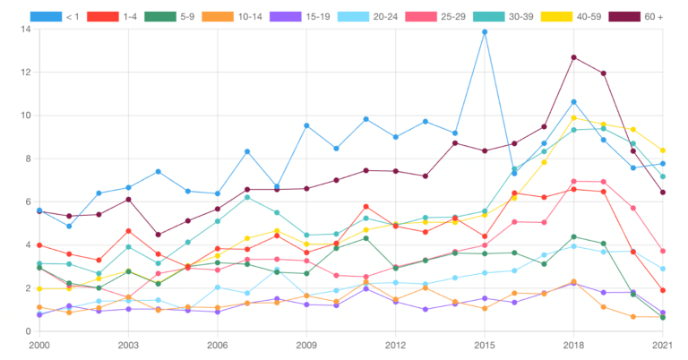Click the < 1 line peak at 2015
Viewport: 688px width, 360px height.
(485, 32)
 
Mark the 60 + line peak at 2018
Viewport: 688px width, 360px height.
(573, 57)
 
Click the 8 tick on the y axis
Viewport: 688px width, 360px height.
(28, 159)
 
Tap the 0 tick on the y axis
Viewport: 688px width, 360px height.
(28, 331)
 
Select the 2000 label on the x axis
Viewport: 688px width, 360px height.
(39, 345)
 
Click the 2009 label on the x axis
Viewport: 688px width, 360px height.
(306, 345)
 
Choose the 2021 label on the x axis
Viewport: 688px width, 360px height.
(662, 345)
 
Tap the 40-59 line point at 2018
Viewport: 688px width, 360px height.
(573, 118)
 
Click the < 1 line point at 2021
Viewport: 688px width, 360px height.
(662, 164)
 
